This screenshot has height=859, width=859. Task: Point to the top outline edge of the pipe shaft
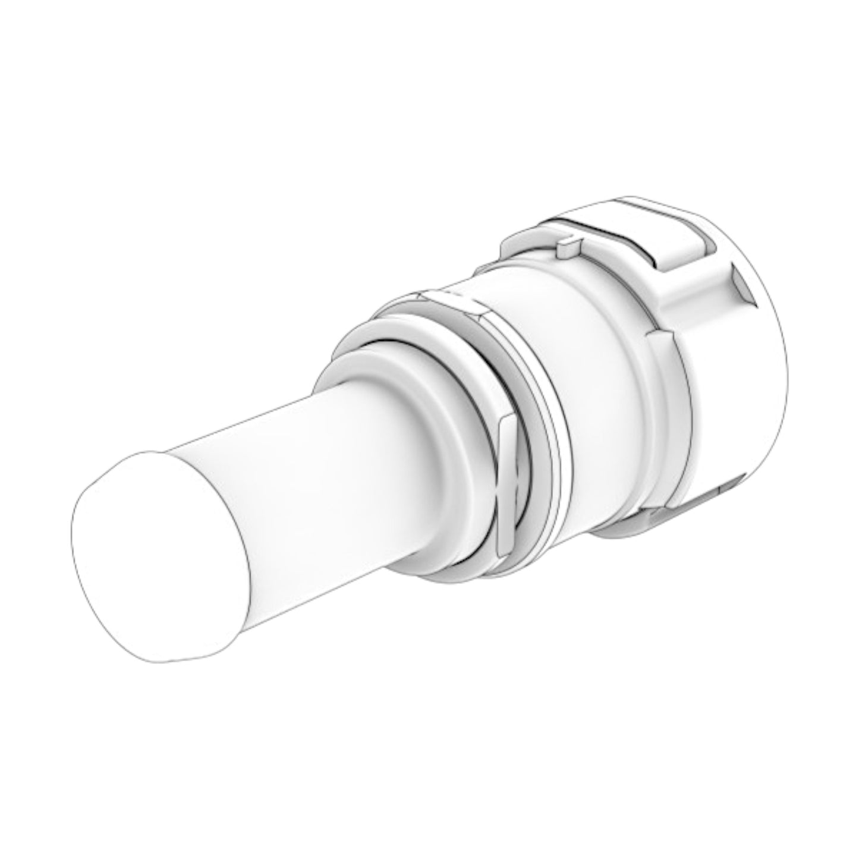(268, 416)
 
